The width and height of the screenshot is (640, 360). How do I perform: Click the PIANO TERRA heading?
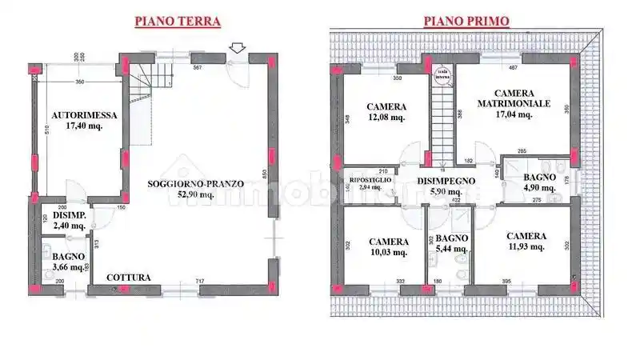click(177, 22)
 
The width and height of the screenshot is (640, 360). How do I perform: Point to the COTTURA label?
click(129, 278)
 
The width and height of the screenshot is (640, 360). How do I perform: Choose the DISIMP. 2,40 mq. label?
click(70, 220)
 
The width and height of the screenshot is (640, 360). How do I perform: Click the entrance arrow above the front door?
click(237, 50)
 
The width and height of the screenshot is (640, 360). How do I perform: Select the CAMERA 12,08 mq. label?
click(386, 112)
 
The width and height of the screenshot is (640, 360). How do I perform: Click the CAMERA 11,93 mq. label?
click(526, 241)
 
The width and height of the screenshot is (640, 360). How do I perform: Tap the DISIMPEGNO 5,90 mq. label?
click(446, 186)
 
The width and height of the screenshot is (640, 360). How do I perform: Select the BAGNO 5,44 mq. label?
click(450, 244)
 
